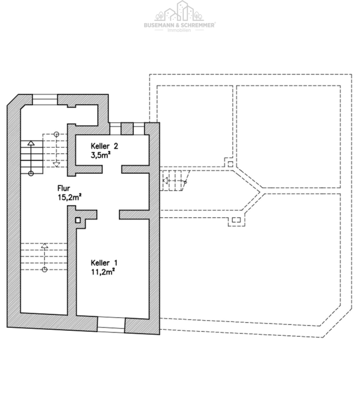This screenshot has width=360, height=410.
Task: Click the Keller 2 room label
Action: click(104, 146)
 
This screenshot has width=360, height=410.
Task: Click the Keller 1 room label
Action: click(104, 263)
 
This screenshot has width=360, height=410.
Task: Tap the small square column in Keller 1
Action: click(78, 220)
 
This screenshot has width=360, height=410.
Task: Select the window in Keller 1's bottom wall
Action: click(111, 324)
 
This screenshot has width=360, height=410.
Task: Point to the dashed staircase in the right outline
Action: click(175, 181)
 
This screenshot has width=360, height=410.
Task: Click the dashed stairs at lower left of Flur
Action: click(44, 257)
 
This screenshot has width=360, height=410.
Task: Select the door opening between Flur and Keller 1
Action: click(108, 213)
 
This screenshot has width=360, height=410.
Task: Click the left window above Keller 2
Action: click(116, 128)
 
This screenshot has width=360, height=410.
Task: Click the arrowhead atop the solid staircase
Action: click(31, 143)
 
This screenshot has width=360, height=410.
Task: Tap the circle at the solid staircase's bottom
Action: click(31, 173)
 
